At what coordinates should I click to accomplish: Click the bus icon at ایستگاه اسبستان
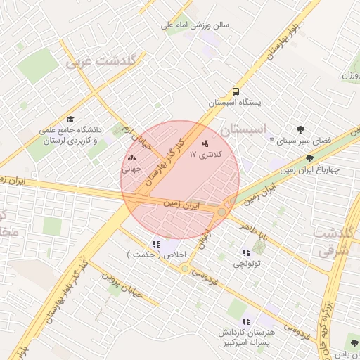236,91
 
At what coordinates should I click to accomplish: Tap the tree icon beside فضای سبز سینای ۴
301,129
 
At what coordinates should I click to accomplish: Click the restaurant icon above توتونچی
245,253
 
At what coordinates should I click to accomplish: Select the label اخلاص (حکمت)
148,254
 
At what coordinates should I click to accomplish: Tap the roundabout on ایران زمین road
222,212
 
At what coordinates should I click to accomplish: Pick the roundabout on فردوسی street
185,269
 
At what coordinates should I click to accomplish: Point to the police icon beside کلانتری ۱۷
205,143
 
